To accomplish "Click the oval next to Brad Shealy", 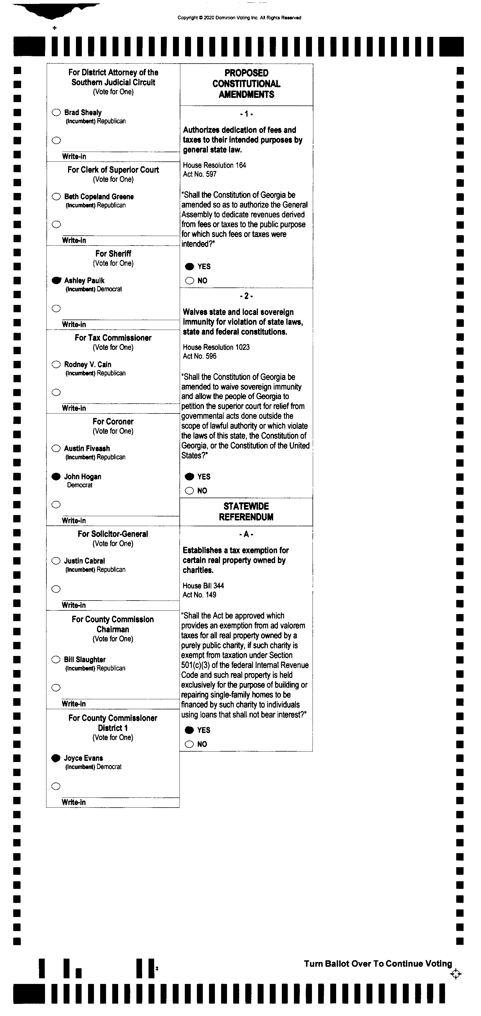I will [56, 113].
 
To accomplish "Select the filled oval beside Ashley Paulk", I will [56, 280].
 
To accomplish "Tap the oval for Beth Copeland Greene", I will [56, 196].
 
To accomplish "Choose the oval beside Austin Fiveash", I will [56, 448].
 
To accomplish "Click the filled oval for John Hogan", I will [56, 476].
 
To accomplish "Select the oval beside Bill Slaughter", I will [56, 659].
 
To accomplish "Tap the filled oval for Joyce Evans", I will [56, 758].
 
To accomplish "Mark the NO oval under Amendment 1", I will [190, 280].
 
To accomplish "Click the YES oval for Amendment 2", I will [190, 476].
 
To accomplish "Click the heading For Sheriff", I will [113, 254].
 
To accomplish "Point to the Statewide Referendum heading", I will [246, 512].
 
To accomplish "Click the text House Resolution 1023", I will [216, 347].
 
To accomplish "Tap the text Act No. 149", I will [199, 595].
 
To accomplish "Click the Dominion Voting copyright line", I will [239, 18].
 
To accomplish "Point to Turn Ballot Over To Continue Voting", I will [378, 964].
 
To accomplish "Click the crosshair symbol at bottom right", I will [455, 974].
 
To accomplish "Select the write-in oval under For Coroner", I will [56, 504].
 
